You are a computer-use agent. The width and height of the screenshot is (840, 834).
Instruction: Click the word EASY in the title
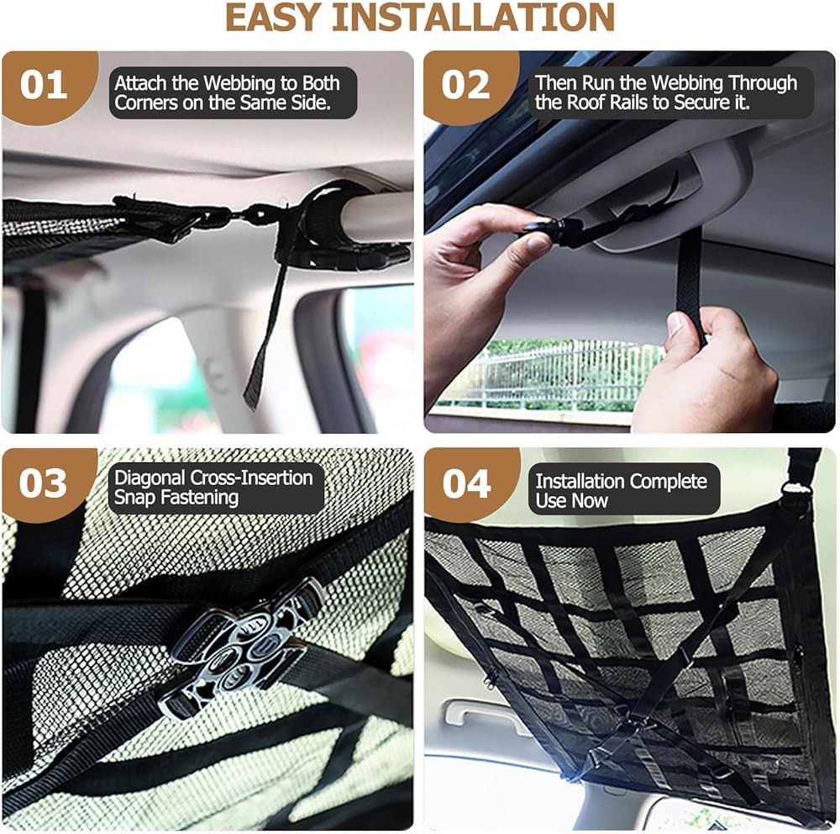click(x=273, y=17)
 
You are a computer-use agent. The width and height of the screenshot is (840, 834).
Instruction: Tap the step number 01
click(x=44, y=85)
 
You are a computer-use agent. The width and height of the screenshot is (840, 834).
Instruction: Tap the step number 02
click(x=465, y=85)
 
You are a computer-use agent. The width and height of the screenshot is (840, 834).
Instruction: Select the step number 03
click(x=44, y=483)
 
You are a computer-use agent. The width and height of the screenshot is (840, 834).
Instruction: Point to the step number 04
click(x=466, y=483)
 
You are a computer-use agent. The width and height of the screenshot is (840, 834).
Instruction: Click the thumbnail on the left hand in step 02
click(x=536, y=244)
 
